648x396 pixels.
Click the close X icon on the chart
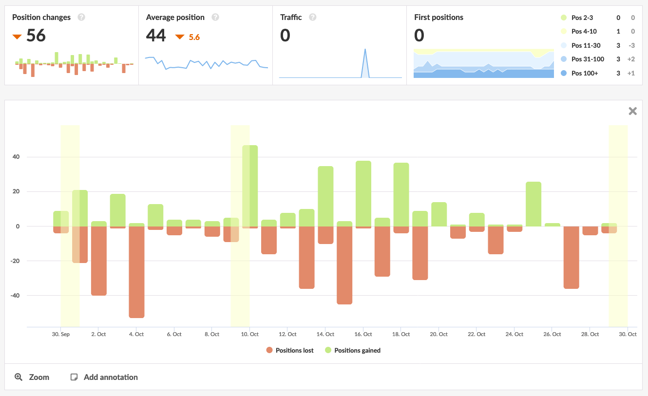[632, 111]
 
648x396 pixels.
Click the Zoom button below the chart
[32, 377]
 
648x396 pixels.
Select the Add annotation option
[104, 377]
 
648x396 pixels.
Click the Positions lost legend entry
[290, 350]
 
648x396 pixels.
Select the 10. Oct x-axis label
[249, 334]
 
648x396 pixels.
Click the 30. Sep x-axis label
[61, 334]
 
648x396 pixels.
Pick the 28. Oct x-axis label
[590, 334]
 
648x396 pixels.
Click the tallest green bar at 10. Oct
[250, 185]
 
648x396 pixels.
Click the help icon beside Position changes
[81, 17]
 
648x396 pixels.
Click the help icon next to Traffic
[313, 17]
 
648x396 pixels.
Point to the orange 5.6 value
[194, 37]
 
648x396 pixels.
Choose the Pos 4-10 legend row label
[584, 32]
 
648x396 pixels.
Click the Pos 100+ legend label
[584, 73]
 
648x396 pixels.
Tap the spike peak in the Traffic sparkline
[365, 49]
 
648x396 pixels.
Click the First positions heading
[438, 17]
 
